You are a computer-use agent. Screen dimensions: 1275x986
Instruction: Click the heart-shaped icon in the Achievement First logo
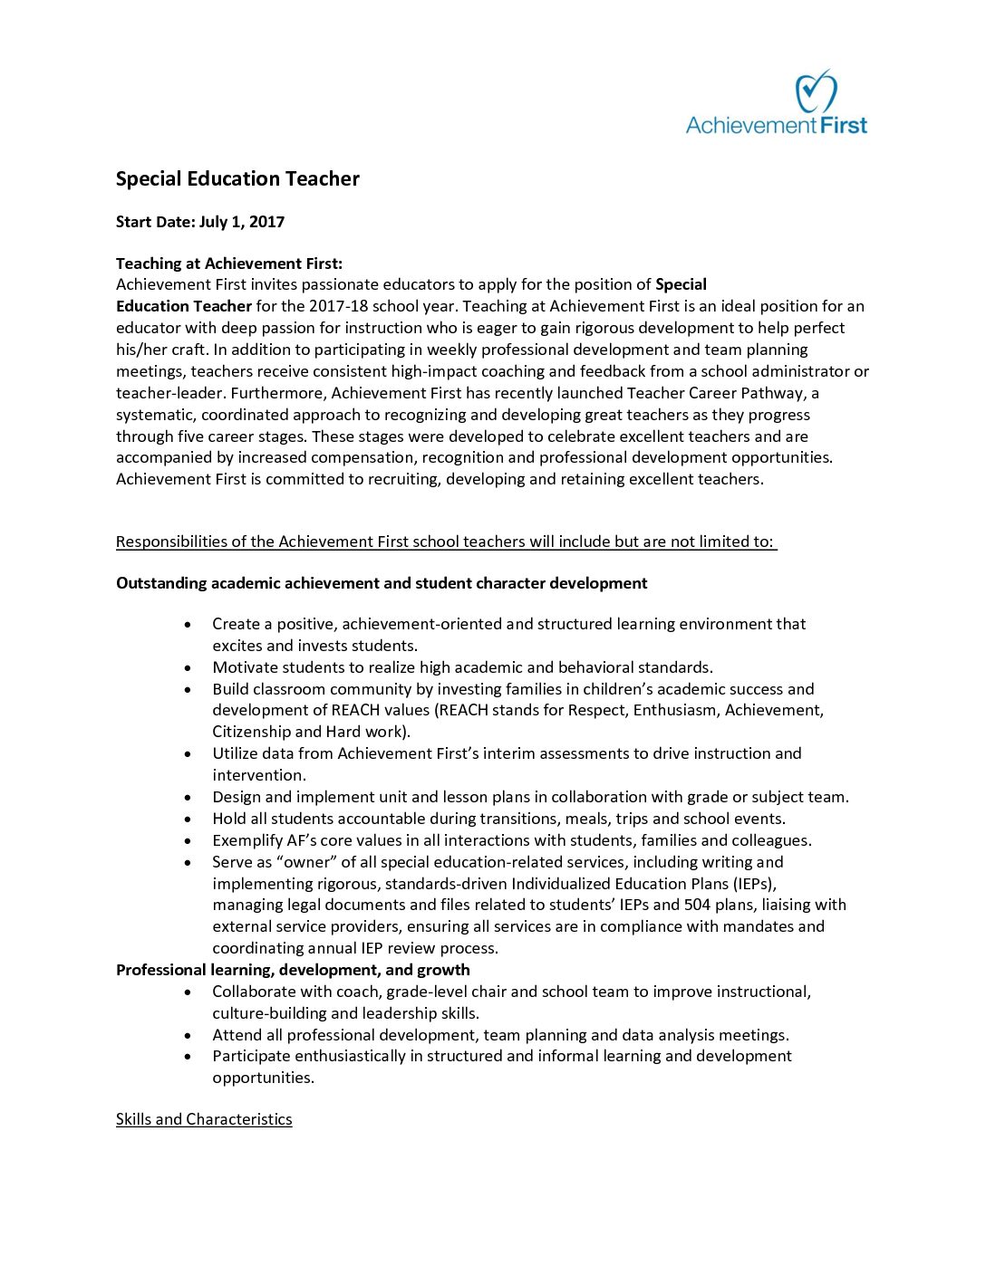[815, 91]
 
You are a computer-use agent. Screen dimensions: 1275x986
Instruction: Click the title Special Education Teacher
[237, 179]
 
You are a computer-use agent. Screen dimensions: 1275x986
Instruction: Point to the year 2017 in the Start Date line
[266, 222]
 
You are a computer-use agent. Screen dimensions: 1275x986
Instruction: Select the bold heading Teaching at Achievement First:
[229, 264]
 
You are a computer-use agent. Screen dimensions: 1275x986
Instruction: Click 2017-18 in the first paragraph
[338, 306]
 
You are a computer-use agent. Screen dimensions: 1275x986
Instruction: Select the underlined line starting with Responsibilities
[446, 542]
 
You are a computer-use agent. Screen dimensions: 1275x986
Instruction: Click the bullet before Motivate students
[188, 668]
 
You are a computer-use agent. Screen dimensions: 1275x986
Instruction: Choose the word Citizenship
[251, 732]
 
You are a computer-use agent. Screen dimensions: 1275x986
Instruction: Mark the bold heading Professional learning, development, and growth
[293, 970]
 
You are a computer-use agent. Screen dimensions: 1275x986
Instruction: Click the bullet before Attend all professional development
[188, 1035]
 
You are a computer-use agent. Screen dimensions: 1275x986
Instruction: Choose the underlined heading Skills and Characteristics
[204, 1119]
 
